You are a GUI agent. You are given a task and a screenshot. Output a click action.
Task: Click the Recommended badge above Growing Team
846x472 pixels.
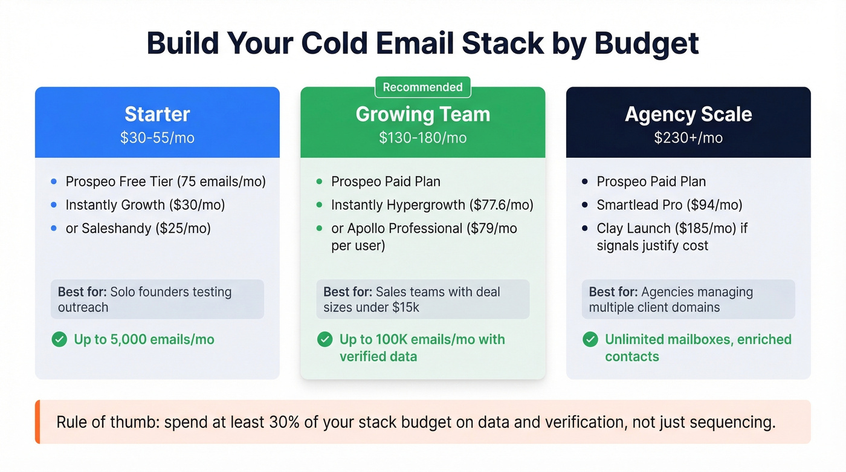[x=422, y=87]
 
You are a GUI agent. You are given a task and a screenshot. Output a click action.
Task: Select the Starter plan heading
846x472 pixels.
[x=157, y=114]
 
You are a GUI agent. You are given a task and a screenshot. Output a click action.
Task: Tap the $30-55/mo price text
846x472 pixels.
[x=157, y=138]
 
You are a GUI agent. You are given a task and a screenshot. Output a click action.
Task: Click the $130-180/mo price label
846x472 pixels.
[x=422, y=138]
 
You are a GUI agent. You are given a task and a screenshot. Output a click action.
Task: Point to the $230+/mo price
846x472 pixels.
[x=688, y=138]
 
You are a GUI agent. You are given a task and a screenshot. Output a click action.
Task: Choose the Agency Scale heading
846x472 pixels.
[x=688, y=114]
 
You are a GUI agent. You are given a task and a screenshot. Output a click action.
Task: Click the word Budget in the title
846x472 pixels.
[x=647, y=44]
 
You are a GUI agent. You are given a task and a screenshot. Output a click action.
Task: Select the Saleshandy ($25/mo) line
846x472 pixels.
[x=138, y=228]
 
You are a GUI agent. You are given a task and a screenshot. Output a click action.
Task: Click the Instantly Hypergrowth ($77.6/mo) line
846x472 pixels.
[x=432, y=205]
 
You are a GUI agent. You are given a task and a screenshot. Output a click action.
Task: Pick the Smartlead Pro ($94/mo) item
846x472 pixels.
[x=670, y=205]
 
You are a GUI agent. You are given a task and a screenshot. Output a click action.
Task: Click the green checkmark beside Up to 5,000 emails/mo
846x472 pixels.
[x=59, y=340]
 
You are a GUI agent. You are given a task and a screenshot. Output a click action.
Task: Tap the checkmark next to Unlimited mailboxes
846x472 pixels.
[x=590, y=340]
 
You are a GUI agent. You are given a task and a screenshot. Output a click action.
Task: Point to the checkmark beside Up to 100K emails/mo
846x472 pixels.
[x=325, y=340]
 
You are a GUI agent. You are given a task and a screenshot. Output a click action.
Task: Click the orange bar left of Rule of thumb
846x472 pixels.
[x=37, y=422]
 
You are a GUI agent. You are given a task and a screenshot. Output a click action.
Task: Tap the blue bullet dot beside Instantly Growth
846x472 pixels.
[x=54, y=205]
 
